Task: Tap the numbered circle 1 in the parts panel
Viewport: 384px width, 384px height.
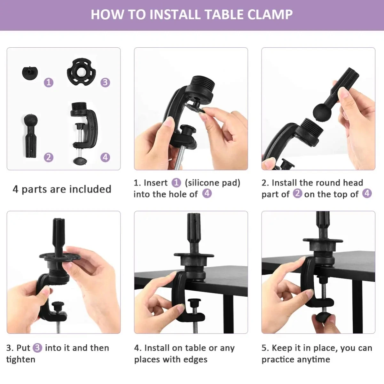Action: click(x=49, y=82)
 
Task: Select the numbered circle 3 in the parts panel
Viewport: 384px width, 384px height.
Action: click(x=105, y=82)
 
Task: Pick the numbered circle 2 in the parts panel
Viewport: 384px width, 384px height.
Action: click(x=49, y=157)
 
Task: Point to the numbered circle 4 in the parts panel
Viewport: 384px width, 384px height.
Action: click(x=105, y=157)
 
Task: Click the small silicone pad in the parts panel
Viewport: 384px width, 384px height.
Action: click(x=30, y=73)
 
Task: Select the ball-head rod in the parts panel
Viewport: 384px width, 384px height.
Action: click(x=31, y=136)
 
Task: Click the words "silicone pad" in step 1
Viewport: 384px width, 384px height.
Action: click(x=212, y=183)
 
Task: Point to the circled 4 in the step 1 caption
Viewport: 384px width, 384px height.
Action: click(x=207, y=193)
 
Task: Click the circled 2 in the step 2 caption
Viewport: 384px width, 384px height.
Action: click(x=298, y=193)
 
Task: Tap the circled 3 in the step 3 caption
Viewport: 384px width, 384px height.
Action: click(x=37, y=348)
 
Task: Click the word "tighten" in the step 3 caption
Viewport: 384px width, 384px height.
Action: click(x=21, y=360)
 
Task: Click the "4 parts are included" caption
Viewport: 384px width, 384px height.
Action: click(x=62, y=189)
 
